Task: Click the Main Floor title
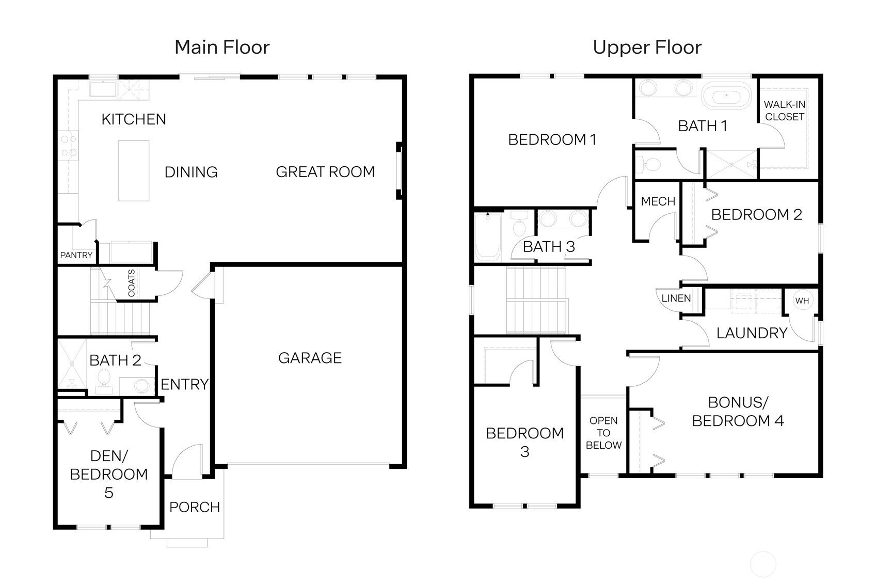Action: pos(222,48)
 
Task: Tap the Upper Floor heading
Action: pos(647,48)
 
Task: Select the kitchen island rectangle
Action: pos(134,170)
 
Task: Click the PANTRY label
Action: pos(76,255)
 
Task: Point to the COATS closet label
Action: pos(131,283)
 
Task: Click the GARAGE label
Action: pos(310,358)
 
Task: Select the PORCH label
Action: pos(195,507)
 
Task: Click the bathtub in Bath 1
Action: pos(727,96)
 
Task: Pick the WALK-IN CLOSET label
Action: pos(784,111)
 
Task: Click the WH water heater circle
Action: pos(802,301)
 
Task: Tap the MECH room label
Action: pos(658,201)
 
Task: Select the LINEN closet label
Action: pos(676,298)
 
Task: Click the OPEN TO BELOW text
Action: pos(603,433)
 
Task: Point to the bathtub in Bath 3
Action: pos(488,238)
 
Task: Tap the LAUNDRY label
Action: pos(752,333)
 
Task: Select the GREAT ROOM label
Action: pos(325,172)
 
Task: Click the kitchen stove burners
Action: pos(68,146)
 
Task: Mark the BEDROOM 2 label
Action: pos(756,215)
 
